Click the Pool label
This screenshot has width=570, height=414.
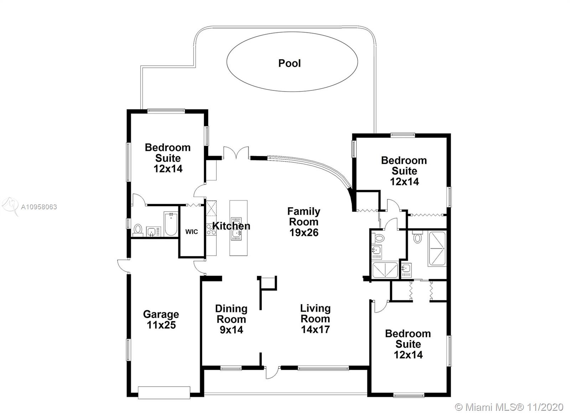(x=289, y=63)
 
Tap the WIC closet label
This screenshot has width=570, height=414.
(x=191, y=232)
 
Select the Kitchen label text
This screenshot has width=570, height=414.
(x=231, y=226)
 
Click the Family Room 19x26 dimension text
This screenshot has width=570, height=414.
(x=304, y=232)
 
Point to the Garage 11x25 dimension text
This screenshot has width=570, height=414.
(x=161, y=325)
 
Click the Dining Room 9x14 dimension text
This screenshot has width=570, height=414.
(x=231, y=330)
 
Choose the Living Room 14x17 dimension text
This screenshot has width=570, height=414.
(x=315, y=329)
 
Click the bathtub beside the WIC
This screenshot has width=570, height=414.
(x=171, y=224)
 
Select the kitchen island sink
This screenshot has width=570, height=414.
(x=236, y=229)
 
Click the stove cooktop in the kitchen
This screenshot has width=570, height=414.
(x=211, y=229)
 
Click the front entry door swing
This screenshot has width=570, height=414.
(x=272, y=373)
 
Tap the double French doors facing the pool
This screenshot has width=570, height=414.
(x=236, y=153)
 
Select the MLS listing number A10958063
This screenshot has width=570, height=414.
(x=39, y=207)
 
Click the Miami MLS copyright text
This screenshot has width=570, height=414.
(x=509, y=407)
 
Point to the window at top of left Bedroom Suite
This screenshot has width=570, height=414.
(x=166, y=111)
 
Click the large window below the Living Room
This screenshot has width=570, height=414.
(x=323, y=368)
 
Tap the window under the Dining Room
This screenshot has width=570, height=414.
(x=231, y=368)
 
